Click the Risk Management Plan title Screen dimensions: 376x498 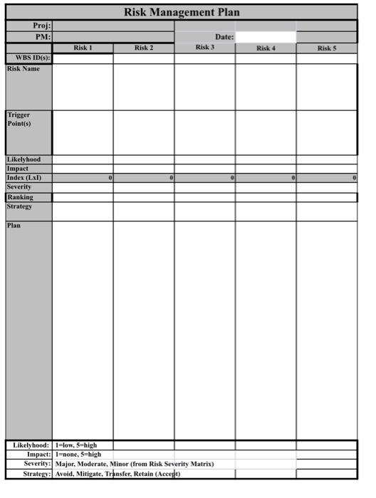click(x=182, y=12)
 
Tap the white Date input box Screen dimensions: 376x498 click(x=266, y=36)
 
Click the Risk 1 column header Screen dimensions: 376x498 click(x=83, y=48)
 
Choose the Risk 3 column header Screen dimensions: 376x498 click(x=204, y=47)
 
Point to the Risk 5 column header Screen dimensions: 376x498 click(x=327, y=48)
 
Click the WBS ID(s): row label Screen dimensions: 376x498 click(x=28, y=58)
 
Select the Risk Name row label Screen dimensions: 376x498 click(x=23, y=69)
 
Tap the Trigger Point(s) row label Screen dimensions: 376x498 click(x=19, y=118)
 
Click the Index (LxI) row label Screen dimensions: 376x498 click(x=24, y=178)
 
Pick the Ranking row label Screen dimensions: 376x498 click(x=20, y=197)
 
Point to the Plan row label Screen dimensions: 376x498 click(x=14, y=226)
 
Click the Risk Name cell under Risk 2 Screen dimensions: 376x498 click(x=144, y=87)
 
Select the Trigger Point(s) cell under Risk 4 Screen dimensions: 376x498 click(x=266, y=132)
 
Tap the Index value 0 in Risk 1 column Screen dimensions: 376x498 click(x=110, y=178)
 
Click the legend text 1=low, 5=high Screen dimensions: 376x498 click(x=76, y=445)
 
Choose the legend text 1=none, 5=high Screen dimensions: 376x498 click(x=78, y=454)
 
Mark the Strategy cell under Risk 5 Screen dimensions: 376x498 click(x=327, y=211)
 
